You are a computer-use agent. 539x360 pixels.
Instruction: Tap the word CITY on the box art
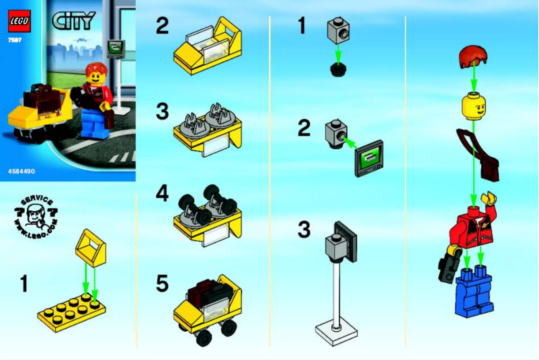(73, 20)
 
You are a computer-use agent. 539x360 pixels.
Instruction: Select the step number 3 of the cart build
(161, 111)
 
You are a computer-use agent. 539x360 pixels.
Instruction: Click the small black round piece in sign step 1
(338, 69)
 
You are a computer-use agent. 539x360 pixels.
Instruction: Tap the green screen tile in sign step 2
(368, 157)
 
